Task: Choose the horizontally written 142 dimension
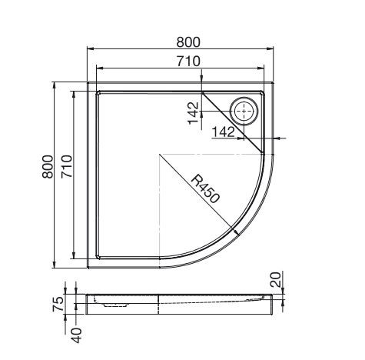pos(224,132)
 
